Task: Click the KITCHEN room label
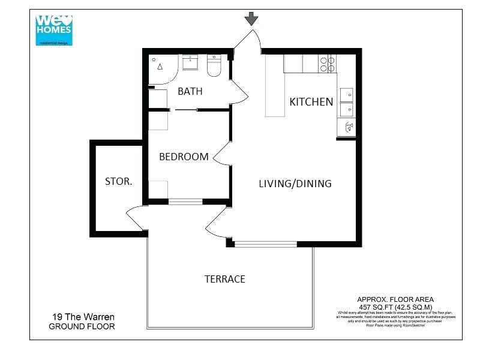311,101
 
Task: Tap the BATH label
190,91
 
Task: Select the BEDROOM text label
184,157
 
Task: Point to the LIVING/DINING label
295,183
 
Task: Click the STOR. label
118,181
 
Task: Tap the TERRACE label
224,279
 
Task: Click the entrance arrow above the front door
251,19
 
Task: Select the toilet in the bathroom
214,67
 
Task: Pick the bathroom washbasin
191,61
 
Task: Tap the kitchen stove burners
328,64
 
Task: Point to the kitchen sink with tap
347,126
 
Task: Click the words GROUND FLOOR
82,326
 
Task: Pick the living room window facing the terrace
265,244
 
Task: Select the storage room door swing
134,217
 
